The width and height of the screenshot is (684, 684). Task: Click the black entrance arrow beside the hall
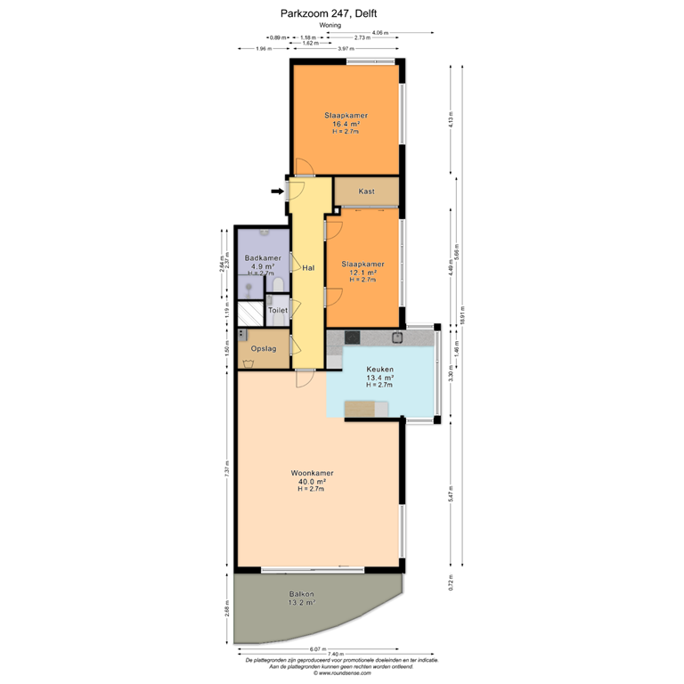point(276,190)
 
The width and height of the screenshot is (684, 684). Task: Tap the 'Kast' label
point(366,191)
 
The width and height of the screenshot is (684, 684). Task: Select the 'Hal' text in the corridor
point(307,267)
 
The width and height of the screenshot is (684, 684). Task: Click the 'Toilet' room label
point(277,311)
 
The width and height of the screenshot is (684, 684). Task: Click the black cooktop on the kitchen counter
point(352,337)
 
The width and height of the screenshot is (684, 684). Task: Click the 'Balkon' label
point(301,593)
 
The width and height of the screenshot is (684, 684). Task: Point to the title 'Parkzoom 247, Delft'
point(342,13)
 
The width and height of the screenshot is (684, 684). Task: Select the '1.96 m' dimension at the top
point(263,49)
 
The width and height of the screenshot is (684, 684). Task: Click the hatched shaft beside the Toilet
point(251,313)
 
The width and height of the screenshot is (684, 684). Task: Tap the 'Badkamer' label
point(260,258)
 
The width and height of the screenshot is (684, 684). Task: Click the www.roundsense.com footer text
point(342,673)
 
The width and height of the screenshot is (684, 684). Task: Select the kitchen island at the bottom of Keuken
point(365,408)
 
